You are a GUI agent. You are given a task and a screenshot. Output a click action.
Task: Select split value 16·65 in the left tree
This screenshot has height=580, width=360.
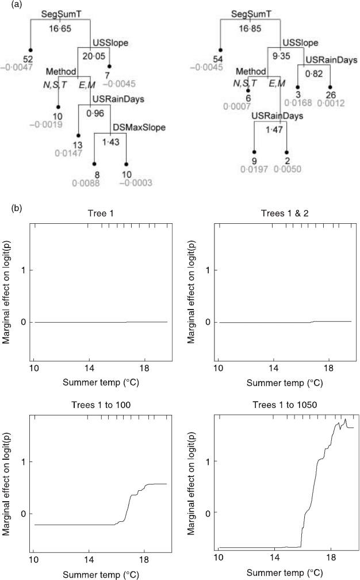[60, 28]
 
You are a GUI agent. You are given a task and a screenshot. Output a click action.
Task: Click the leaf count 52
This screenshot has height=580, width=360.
[29, 59]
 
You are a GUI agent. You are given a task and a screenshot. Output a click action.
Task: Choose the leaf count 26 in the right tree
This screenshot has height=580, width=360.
[331, 94]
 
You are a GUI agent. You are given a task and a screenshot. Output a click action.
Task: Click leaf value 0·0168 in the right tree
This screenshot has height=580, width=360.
[300, 103]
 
